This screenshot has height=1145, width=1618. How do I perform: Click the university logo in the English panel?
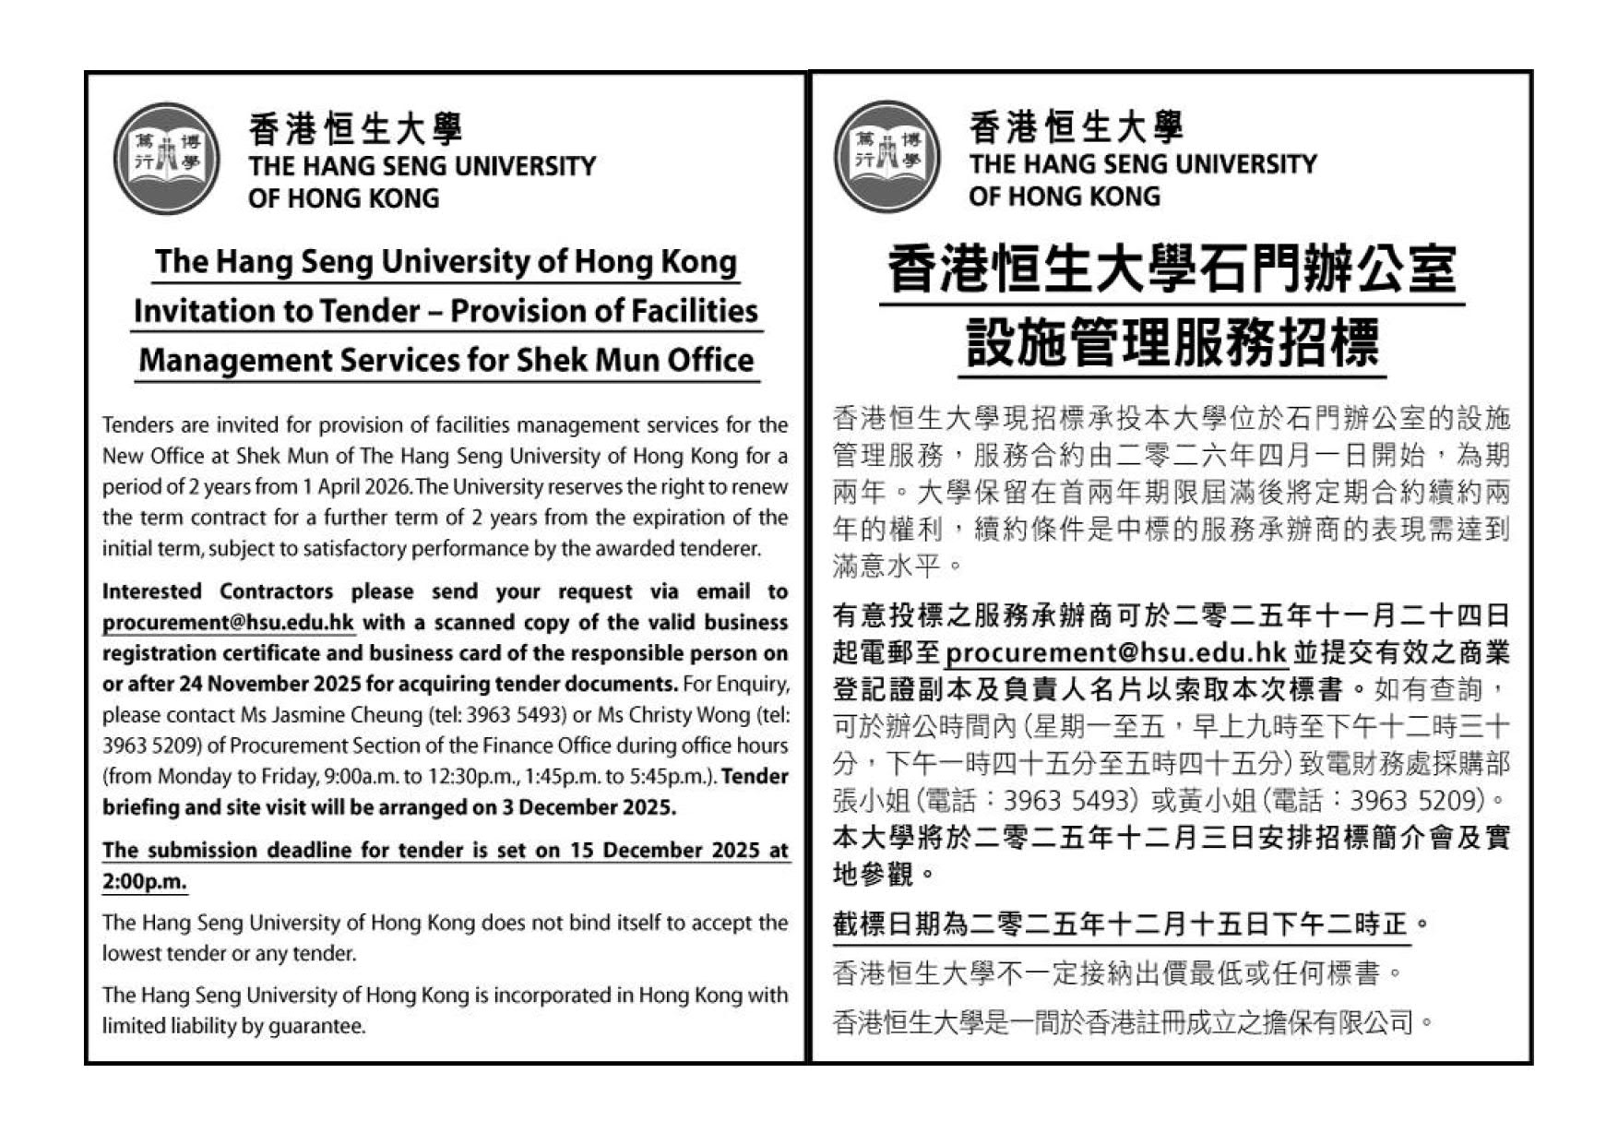click(x=166, y=158)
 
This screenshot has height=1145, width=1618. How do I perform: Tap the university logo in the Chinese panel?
click(x=886, y=156)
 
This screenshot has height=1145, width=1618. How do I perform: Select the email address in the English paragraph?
click(x=228, y=623)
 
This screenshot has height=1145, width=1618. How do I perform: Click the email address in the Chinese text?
click(x=1115, y=653)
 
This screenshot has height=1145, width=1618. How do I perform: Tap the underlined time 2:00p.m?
click(x=145, y=881)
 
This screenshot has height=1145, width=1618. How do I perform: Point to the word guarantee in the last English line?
click(x=316, y=1026)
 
